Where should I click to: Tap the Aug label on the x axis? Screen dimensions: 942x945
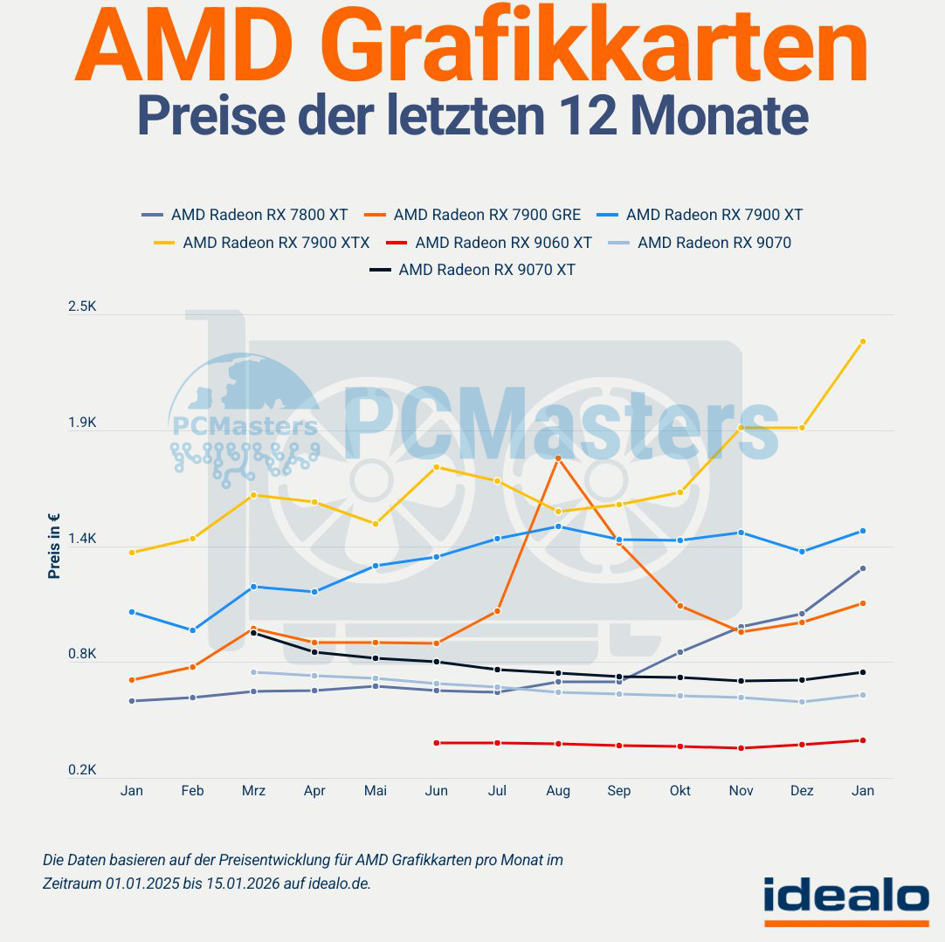tap(558, 791)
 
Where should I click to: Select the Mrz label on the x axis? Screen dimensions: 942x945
tap(253, 791)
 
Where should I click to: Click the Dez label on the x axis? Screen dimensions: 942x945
tap(802, 791)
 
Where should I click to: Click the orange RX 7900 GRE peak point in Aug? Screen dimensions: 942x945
tap(558, 458)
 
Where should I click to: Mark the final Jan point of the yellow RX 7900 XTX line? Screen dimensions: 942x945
tap(862, 341)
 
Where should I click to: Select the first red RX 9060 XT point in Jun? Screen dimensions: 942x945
tap(436, 743)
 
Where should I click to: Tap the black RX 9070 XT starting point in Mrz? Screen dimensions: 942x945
tap(253, 633)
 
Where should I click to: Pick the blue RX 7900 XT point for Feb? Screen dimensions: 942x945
tap(192, 630)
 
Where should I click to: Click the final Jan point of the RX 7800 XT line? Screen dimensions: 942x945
tap(862, 568)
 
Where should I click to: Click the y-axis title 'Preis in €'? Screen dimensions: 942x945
tap(54, 546)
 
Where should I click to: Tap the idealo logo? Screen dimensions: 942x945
tap(845, 898)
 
